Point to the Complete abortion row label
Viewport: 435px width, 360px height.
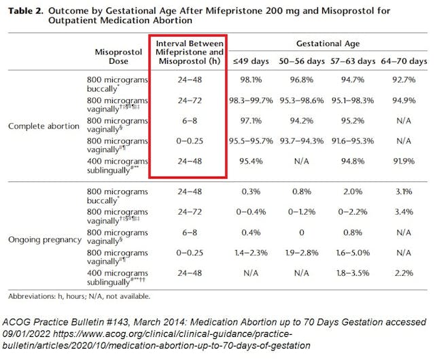[41, 126]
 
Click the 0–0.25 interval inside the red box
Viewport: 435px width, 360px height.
[188, 142]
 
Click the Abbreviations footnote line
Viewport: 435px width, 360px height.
[79, 296]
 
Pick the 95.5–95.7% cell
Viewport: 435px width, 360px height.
[251, 142]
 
